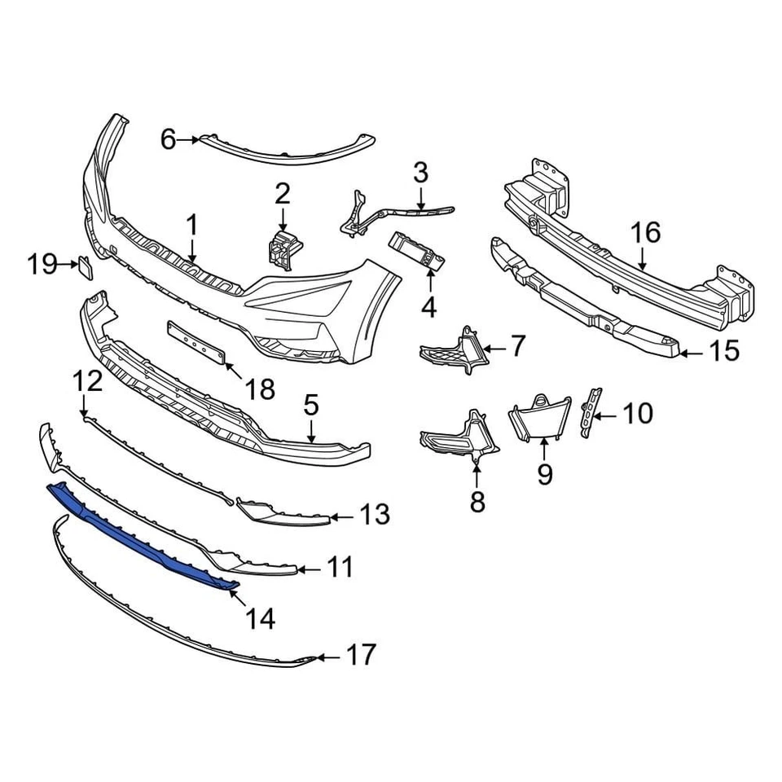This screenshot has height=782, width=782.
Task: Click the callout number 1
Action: [x=192, y=225]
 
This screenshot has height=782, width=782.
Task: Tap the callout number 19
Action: [x=42, y=264]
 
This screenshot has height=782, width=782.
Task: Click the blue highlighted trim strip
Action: [x=138, y=530]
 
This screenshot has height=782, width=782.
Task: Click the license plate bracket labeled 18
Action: [x=195, y=340]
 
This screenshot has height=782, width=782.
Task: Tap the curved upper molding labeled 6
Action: [x=285, y=151]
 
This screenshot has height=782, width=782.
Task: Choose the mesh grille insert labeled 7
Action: [x=452, y=352]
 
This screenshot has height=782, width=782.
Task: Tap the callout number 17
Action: [x=362, y=654]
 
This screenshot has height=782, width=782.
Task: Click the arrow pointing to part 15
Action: [x=688, y=353]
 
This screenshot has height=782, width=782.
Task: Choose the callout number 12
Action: [x=87, y=381]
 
